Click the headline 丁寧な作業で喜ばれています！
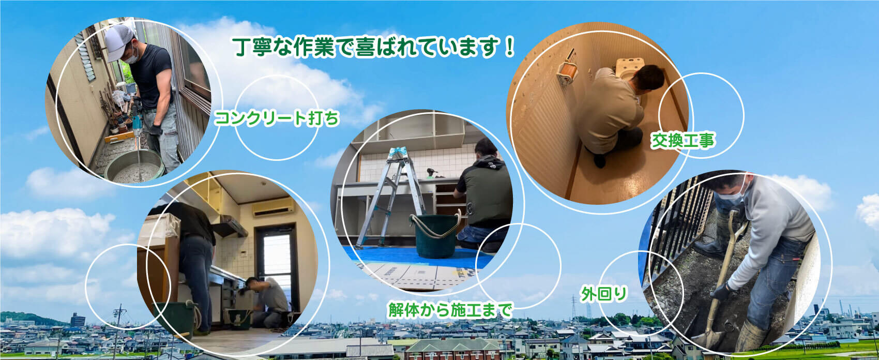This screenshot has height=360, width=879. click(x=373, y=48)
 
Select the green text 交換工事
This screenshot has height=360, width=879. click(x=683, y=141)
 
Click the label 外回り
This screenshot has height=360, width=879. click(x=604, y=294)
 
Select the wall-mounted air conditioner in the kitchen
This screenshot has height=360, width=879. click(x=273, y=207)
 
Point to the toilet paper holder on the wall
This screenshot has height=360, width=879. click(x=566, y=72)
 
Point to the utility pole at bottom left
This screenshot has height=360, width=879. click(x=119, y=332)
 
